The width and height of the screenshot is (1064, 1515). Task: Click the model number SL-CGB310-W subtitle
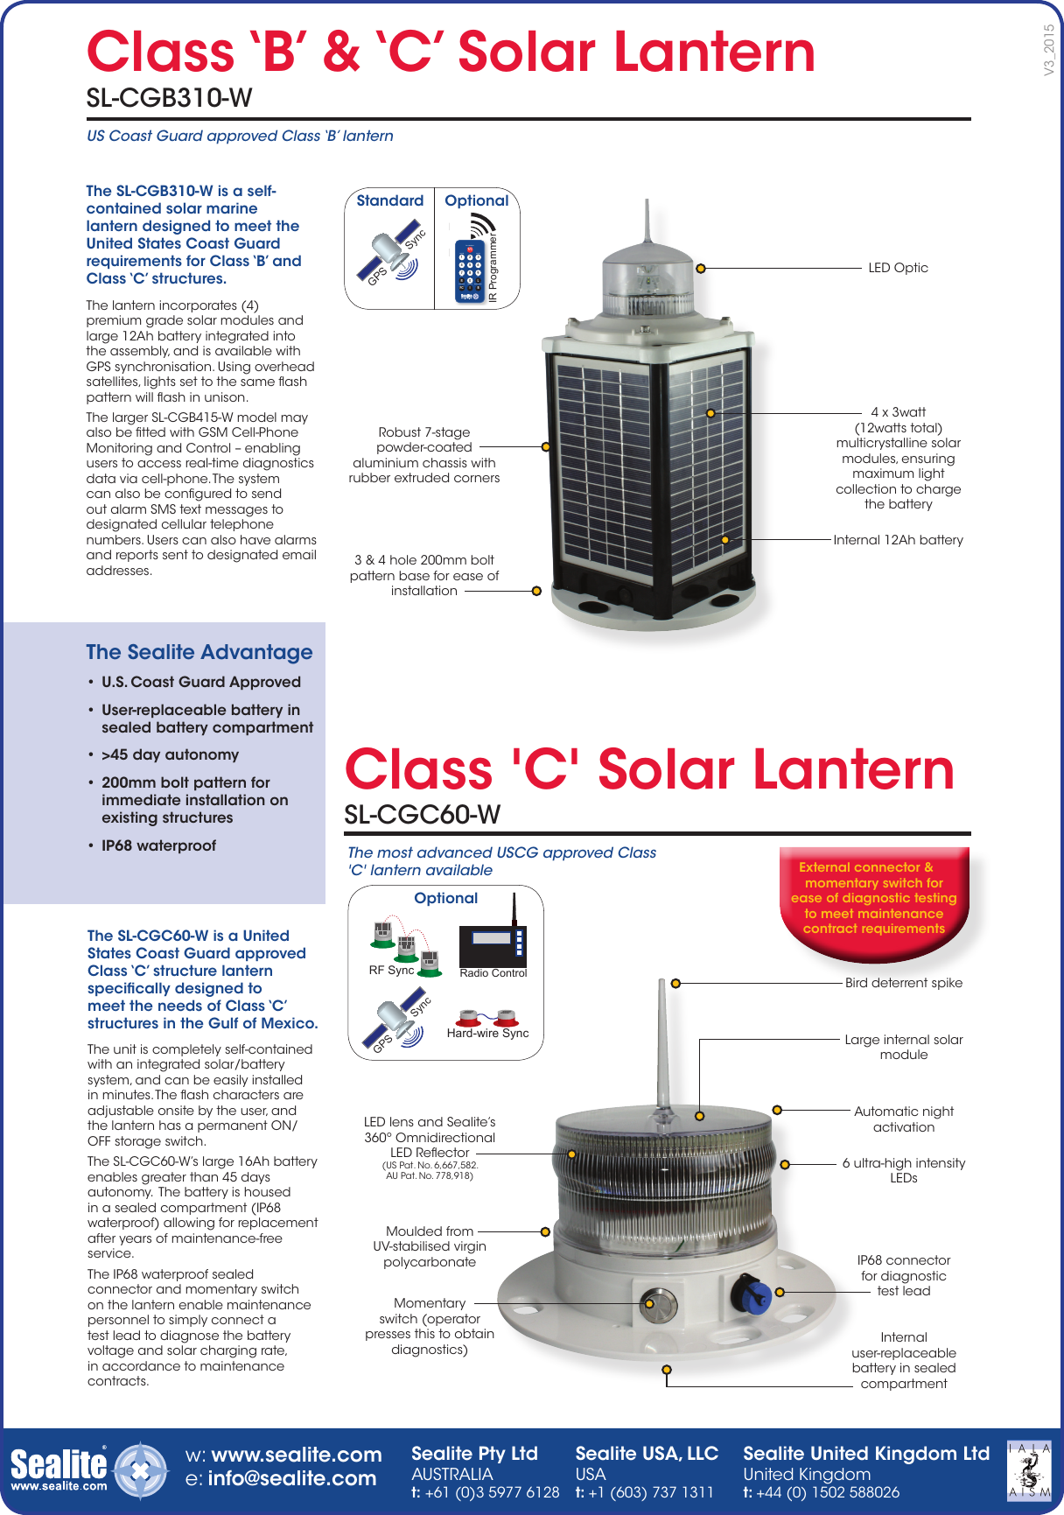169,98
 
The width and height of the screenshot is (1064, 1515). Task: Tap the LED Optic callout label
898,268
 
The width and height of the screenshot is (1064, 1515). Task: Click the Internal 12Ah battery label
898,540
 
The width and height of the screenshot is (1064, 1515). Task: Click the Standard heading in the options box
389,200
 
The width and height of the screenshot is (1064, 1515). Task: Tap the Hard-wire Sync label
487,1033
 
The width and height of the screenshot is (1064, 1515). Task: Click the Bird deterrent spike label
903,983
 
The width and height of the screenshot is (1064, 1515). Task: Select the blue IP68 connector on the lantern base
752,1294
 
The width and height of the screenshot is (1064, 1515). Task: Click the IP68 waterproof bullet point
158,845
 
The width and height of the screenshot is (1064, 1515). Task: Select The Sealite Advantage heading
199,652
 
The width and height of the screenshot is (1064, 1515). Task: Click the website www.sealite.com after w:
297,1455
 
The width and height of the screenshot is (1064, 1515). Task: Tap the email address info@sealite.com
291,1478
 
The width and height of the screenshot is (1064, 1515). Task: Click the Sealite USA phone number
652,1492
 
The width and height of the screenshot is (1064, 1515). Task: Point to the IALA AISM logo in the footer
1029,1470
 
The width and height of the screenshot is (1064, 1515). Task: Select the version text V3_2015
1048,49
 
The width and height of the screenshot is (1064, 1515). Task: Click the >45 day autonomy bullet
170,754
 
